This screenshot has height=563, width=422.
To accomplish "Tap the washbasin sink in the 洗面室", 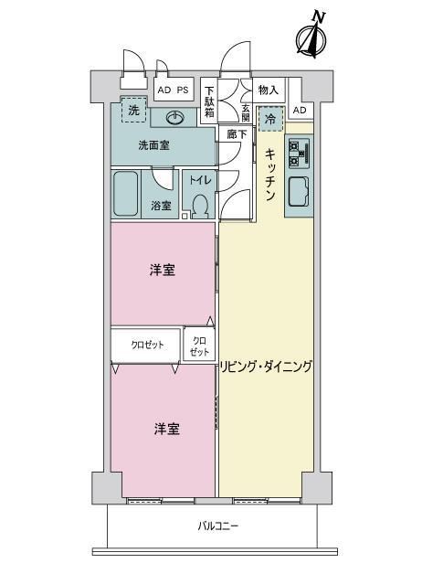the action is (175, 117).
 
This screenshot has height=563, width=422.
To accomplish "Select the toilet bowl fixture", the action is (200, 207).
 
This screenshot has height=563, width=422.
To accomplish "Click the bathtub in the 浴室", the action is (126, 194).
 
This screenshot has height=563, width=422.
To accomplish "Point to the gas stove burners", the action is (299, 154).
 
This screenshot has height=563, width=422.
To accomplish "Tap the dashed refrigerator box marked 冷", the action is (270, 119).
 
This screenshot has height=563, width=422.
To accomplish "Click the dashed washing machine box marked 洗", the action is (133, 110).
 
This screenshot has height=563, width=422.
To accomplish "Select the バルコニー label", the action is (217, 526).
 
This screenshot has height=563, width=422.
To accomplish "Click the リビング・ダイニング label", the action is (266, 366).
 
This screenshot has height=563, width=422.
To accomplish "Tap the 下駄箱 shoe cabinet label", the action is (209, 101).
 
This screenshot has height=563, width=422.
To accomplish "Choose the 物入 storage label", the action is (269, 90).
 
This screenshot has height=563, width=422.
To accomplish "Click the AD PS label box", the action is (174, 90).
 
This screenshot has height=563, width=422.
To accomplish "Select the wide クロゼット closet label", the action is (147, 345).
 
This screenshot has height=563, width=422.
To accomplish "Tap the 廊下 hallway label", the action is (237, 134).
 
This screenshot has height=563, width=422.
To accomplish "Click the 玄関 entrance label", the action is (246, 113).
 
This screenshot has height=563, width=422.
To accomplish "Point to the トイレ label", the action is (200, 179).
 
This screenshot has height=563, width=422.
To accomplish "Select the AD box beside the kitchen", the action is (300, 111).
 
